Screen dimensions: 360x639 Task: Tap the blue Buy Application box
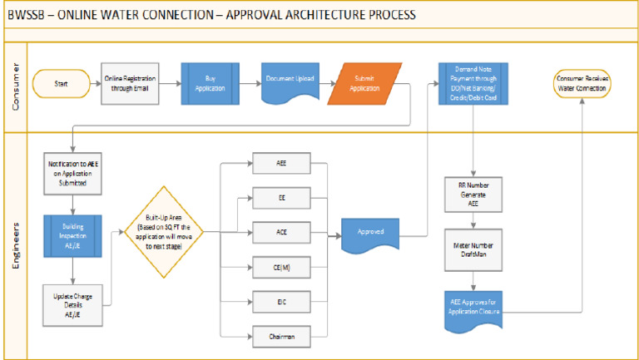pyautogui.click(x=211, y=83)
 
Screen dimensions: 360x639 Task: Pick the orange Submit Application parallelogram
pyautogui.click(x=364, y=84)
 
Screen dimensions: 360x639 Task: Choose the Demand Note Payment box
pyautogui.click(x=473, y=83)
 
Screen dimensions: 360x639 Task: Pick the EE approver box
pyautogui.click(x=281, y=199)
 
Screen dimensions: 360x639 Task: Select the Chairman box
pyautogui.click(x=281, y=335)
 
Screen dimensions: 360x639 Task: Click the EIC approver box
pyautogui.click(x=281, y=300)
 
